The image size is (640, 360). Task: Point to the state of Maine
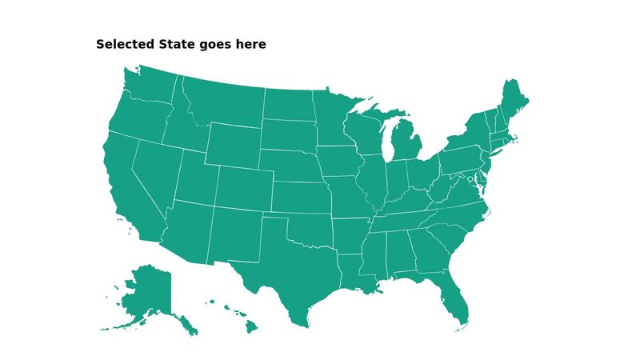[512, 100]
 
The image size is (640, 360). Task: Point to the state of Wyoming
[232, 144]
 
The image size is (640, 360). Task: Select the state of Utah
[194, 180]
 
